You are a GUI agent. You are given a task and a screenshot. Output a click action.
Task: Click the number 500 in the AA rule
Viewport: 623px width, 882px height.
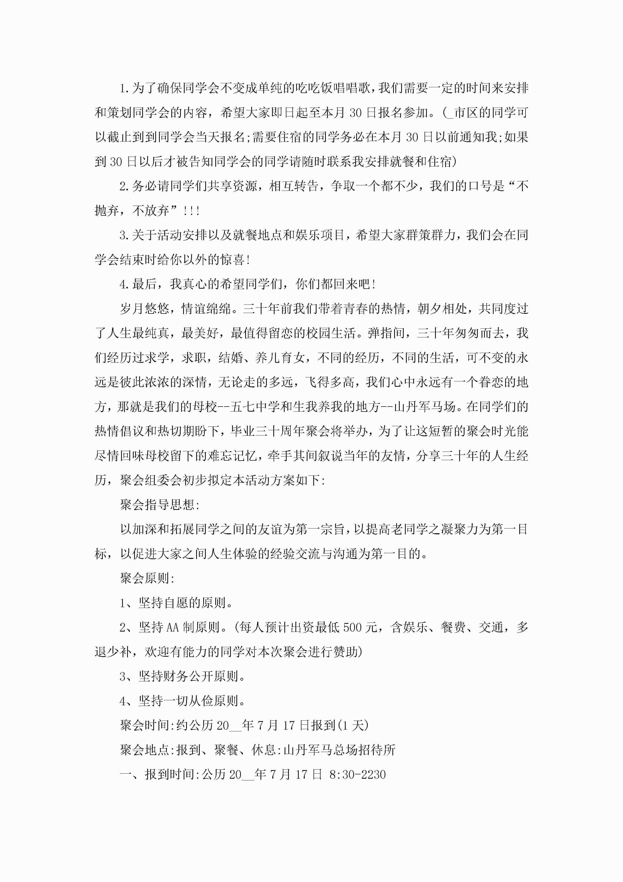(352, 627)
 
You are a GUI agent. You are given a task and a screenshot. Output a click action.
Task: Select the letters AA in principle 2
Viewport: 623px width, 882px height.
(173, 627)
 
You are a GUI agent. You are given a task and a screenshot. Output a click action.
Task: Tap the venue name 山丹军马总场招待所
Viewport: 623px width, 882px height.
(339, 750)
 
